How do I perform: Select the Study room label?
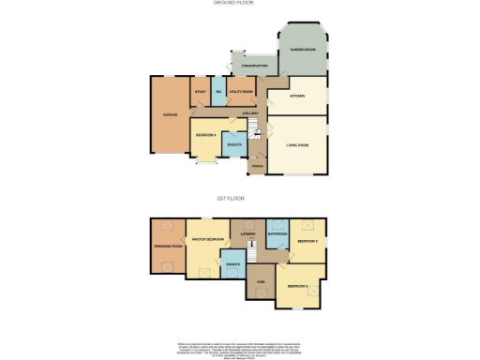point(200,92)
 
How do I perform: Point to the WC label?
point(217,92)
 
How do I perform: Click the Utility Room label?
point(241,92)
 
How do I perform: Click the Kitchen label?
point(298,95)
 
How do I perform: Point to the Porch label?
point(256,165)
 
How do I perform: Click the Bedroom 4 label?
point(206,135)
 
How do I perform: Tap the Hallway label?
point(250,113)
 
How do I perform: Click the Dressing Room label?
point(168,247)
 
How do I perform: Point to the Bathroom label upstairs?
point(277,232)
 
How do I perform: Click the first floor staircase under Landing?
point(250,251)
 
